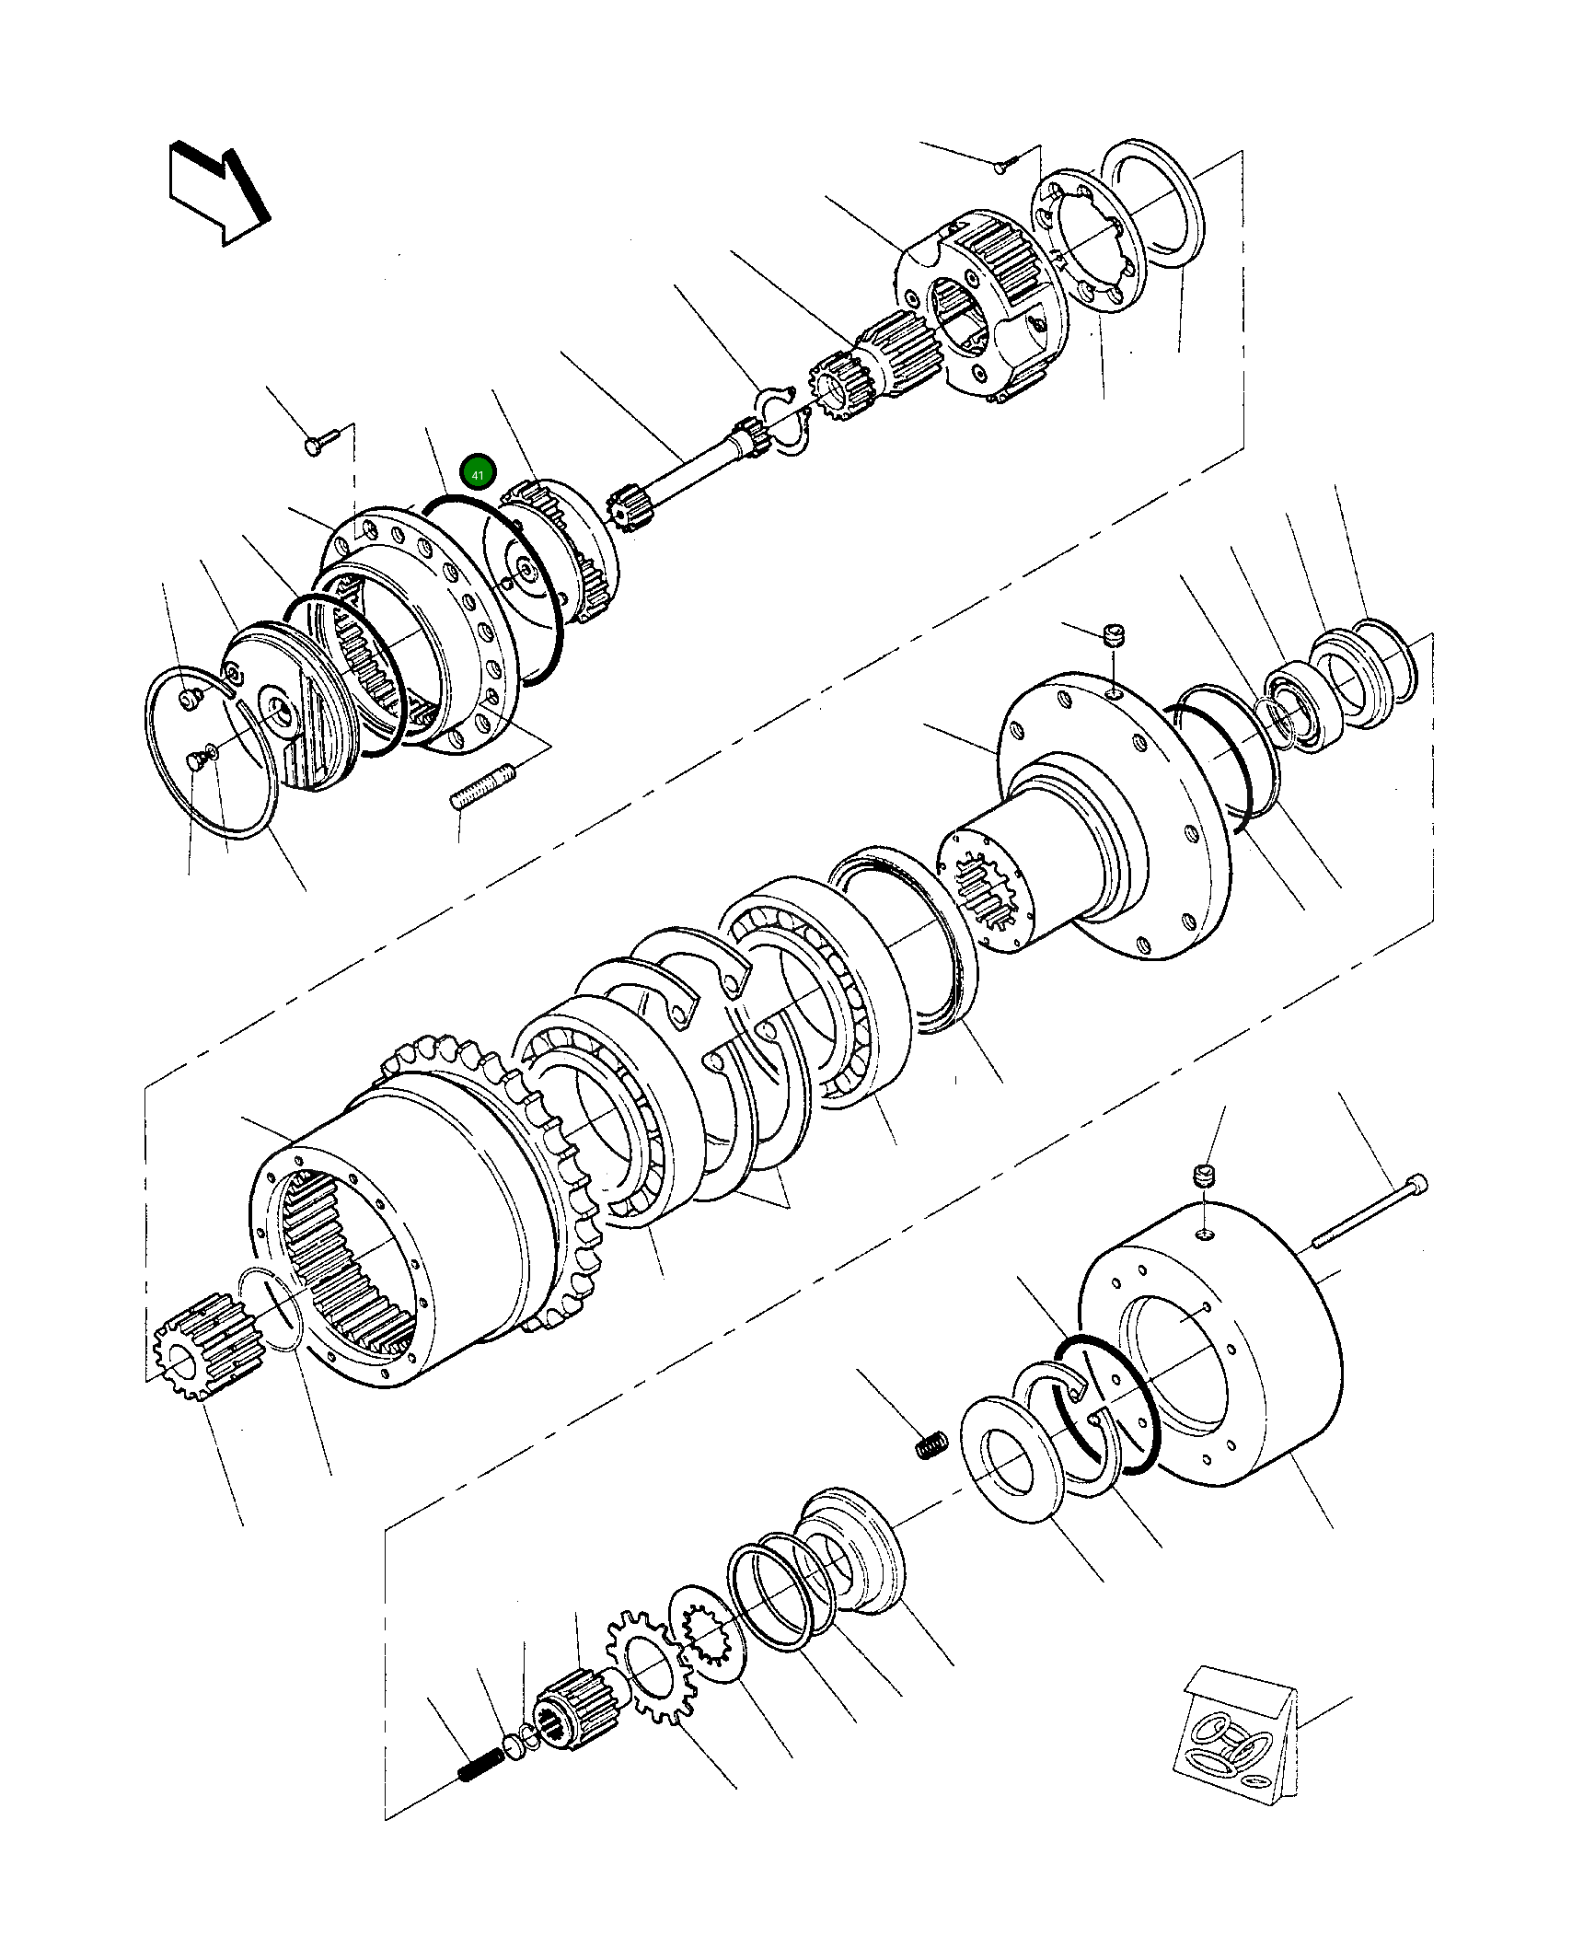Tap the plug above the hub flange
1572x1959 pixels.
[x=1114, y=635]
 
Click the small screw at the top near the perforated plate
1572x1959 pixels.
[x=1003, y=166]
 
